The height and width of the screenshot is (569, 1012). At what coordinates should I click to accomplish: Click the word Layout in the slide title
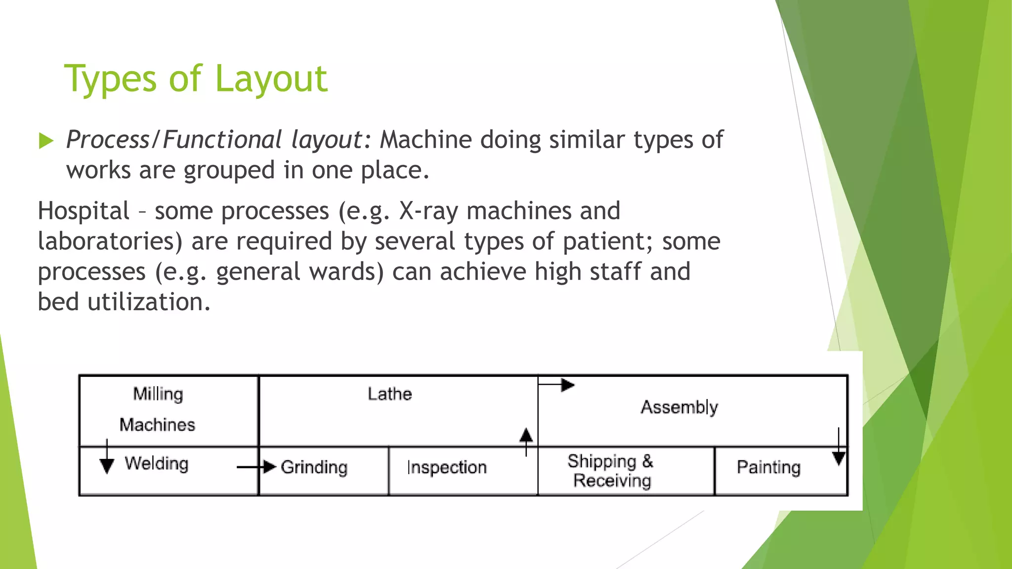[271, 79]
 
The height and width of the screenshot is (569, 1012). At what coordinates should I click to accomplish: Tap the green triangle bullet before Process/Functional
[46, 141]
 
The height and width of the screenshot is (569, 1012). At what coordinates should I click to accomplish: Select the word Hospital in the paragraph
[84, 211]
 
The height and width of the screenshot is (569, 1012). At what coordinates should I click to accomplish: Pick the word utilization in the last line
[149, 302]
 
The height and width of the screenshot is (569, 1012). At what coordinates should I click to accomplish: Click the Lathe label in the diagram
[389, 394]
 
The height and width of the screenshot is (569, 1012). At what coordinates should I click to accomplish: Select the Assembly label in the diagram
[679, 407]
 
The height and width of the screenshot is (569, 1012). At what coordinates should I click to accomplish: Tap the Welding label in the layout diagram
[156, 464]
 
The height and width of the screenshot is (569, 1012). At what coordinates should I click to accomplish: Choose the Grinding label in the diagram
[314, 467]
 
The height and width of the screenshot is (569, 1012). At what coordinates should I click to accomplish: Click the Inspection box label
[447, 467]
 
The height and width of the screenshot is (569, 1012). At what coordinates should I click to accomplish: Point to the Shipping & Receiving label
[611, 471]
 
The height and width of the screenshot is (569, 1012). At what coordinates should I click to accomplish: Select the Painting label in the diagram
[768, 467]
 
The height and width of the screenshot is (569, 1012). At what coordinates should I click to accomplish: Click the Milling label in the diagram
[158, 394]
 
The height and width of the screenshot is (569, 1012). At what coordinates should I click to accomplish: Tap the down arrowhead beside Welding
[107, 465]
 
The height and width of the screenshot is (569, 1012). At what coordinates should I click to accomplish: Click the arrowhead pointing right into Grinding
[269, 467]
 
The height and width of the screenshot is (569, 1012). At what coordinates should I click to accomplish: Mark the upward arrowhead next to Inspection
[526, 435]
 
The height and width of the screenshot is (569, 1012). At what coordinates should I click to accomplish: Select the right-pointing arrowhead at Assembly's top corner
[568, 385]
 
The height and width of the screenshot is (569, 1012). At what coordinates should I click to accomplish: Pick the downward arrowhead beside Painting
[839, 459]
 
